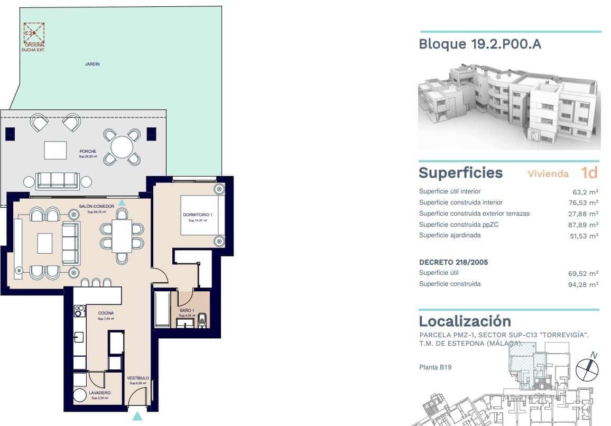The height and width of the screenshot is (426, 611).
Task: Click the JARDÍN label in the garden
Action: pos(92,64)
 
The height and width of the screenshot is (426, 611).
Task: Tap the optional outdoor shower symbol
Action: pos(34,33)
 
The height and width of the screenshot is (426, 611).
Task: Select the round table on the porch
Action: pos(122,146)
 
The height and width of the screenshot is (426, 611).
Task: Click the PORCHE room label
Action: pos(88,151)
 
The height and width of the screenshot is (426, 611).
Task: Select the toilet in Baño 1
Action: pos(202,318)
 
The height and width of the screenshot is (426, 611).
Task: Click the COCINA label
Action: pos(106,313)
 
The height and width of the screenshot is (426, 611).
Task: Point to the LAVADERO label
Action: pos(99,393)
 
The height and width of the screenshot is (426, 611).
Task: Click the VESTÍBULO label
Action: pos(137,378)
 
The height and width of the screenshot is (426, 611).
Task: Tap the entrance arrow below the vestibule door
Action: pos(137,416)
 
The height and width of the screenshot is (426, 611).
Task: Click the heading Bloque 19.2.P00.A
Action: pos(479,44)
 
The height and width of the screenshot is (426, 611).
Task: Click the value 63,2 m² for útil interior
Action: pos(587,192)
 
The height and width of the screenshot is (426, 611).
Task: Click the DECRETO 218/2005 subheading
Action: pos(453,262)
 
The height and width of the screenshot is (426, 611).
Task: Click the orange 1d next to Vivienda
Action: pos(589,173)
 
